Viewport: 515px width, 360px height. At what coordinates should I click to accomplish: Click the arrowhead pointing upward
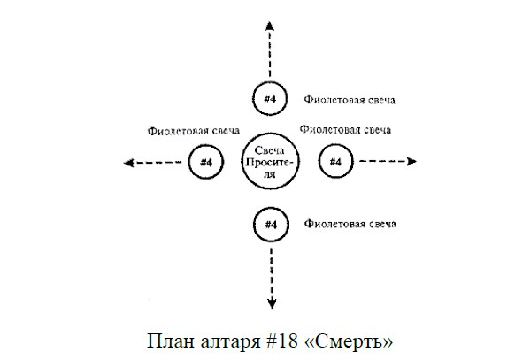[270, 26]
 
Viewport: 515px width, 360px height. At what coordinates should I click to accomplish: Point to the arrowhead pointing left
[128, 163]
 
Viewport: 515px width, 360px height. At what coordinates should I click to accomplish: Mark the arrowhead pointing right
[411, 161]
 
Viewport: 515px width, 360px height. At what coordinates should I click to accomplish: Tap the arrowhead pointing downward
[272, 304]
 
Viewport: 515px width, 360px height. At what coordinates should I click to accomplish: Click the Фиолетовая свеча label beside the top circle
[350, 99]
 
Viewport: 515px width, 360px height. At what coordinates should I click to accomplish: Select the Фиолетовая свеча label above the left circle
[194, 131]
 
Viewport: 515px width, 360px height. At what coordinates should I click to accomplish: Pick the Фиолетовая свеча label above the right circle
[345, 130]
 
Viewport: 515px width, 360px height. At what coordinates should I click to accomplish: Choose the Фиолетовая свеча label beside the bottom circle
[350, 224]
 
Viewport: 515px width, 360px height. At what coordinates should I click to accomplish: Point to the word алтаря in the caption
[230, 343]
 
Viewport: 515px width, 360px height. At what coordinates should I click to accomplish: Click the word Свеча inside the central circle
[270, 150]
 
